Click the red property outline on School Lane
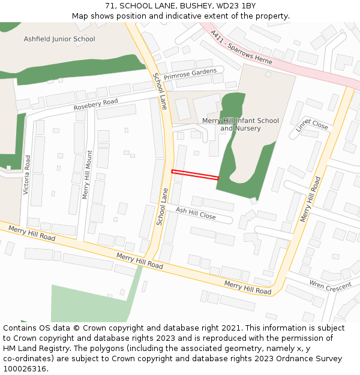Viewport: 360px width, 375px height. [195, 175]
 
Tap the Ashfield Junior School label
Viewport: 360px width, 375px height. [59, 39]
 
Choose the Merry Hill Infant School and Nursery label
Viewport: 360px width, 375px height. [240, 124]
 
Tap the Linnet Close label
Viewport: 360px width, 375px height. [312, 123]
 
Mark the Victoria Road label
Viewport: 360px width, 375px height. [26, 175]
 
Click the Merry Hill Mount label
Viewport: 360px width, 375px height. [87, 175]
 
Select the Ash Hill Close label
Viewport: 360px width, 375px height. [196, 212]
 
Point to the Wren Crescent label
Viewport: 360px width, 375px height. [329, 286]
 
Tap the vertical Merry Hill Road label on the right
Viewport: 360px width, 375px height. [310, 199]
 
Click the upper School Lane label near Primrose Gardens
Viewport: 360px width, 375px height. [160, 91]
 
